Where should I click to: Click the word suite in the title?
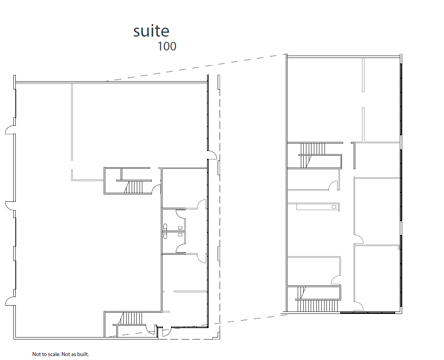(x=151, y=31)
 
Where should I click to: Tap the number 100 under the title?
(x=167, y=47)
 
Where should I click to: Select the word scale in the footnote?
(x=53, y=354)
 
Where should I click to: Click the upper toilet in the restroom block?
(x=165, y=227)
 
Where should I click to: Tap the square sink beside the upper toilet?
(x=180, y=228)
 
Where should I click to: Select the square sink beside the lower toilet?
(x=180, y=235)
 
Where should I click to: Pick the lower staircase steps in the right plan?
(x=317, y=305)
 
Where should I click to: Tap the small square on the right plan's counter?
(x=334, y=206)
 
